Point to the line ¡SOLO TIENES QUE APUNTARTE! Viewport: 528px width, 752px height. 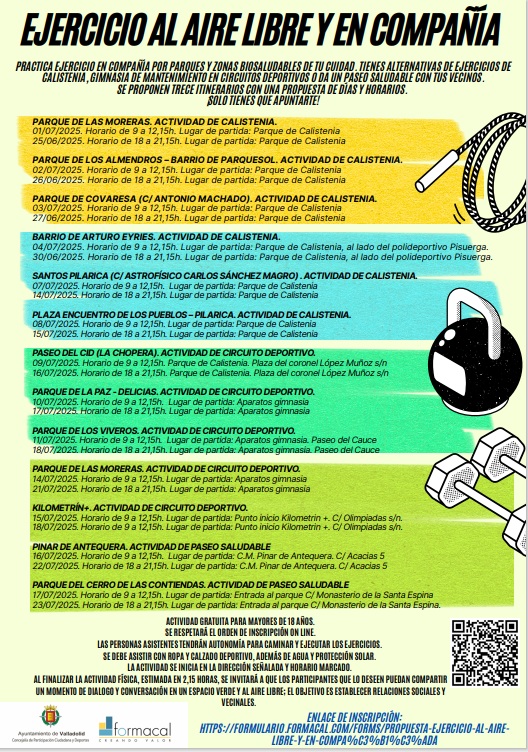[261, 100]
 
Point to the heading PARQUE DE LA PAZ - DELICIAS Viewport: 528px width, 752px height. [89, 390]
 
